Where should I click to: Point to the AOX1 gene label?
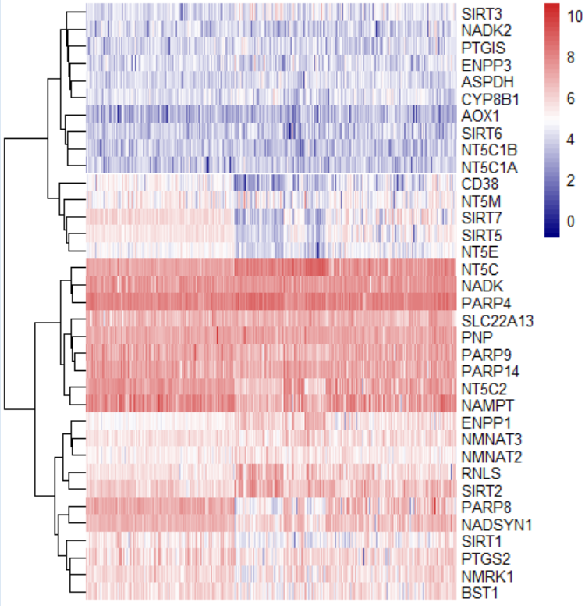(477, 116)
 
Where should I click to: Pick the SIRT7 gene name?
(477, 218)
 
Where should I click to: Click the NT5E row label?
(476, 252)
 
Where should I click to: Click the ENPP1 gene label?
(479, 422)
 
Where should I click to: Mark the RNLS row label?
(476, 473)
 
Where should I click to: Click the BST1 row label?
(475, 592)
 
